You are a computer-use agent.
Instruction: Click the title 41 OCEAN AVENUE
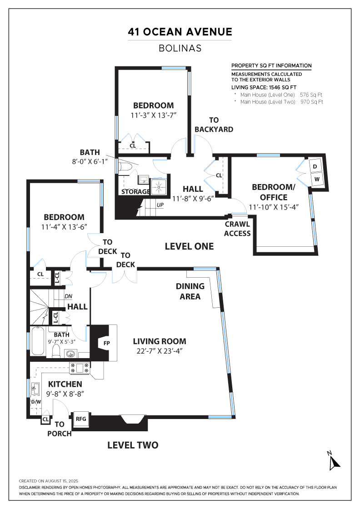click(x=180, y=32)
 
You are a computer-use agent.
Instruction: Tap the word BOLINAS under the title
click(x=180, y=48)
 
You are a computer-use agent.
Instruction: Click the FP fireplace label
click(x=106, y=343)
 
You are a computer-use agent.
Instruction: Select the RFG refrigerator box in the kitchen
click(x=81, y=419)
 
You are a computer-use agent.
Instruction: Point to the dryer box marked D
click(x=315, y=166)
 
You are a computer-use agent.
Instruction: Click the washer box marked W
click(x=317, y=180)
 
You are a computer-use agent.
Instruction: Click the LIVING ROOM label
click(x=160, y=341)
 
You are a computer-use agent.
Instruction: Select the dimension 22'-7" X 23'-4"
click(x=160, y=351)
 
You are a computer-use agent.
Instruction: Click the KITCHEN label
click(x=65, y=384)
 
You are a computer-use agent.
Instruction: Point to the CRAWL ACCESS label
click(x=237, y=229)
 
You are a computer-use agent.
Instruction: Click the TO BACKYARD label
click(x=214, y=125)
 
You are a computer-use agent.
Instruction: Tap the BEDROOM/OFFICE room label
click(x=274, y=192)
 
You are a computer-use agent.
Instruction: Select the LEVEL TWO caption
click(x=133, y=445)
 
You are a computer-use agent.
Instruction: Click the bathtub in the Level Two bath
click(x=38, y=341)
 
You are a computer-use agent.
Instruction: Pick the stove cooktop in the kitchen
click(x=80, y=368)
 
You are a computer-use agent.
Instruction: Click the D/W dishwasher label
click(x=36, y=402)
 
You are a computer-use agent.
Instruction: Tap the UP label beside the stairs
click(x=160, y=205)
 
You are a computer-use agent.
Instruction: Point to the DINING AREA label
click(x=190, y=291)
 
